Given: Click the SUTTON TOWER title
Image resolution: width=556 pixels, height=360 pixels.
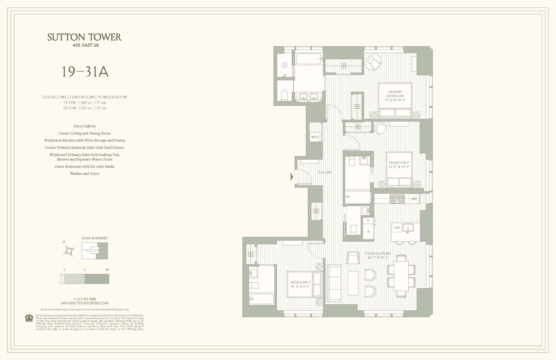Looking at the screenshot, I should [84, 37].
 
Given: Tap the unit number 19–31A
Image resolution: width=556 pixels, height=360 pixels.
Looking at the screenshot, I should [85, 72].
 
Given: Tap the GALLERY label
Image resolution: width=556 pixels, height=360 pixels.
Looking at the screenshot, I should [325, 172].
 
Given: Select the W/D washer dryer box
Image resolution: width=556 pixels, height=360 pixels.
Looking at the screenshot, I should [315, 137].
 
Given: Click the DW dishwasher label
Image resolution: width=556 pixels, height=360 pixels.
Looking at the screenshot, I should [397, 228].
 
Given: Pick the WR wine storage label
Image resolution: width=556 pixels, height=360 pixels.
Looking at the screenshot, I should [414, 199].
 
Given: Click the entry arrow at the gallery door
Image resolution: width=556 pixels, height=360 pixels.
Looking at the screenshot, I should [291, 177].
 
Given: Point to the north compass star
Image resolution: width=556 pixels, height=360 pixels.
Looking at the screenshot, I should [69, 251].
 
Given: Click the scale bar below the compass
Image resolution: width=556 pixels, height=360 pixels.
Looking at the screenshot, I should [85, 278].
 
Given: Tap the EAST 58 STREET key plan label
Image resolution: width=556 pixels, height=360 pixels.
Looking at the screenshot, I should [95, 238].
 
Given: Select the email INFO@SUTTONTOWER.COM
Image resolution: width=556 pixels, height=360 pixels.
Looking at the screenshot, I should [85, 303].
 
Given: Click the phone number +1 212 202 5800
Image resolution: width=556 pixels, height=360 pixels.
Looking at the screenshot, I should [85, 299].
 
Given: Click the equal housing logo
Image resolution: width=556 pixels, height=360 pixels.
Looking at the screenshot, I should [29, 318].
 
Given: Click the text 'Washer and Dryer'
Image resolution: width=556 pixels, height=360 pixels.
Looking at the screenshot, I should [85, 174].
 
